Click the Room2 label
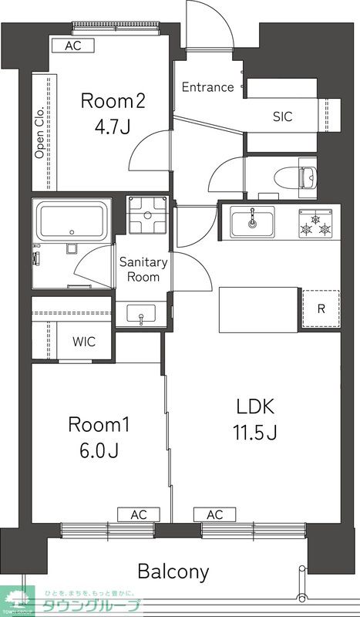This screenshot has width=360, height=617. coord(113,101)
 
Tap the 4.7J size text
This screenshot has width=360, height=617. coord(112,127)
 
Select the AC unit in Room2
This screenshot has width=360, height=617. coord(73,46)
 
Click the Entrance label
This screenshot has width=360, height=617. coord(207,87)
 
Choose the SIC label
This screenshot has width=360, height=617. coord(283,116)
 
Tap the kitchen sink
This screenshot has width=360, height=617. coord(252,222)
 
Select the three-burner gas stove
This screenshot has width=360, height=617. coord(314,224)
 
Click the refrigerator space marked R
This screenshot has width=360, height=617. coord(321,309)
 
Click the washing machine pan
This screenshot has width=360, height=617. coord(147,214)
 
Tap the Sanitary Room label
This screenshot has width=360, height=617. coord(143,269)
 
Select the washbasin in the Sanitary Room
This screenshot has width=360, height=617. coord(141,314)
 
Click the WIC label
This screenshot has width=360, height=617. coord(84,342)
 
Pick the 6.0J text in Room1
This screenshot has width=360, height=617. coord(99,450)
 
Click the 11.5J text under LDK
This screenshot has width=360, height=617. coord(256,433)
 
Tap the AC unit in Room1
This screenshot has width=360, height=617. coord(139,514)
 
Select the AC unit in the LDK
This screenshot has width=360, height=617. coord(214,514)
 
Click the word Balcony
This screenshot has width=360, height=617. coord(173,571)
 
